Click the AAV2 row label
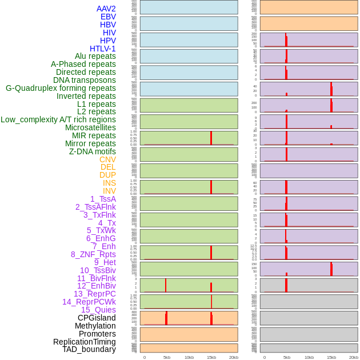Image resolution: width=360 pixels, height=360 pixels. click(106, 9)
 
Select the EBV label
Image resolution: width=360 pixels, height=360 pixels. click(107, 17)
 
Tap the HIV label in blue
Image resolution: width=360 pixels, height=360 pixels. click(109, 33)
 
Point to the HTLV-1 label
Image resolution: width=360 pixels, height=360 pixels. click(102, 49)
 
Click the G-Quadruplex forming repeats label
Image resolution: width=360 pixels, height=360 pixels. click(61, 88)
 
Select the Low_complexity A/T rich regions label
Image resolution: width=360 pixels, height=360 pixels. click(58, 119)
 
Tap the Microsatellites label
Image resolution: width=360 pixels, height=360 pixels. click(90, 127)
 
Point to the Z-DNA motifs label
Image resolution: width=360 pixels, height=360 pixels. click(92, 151)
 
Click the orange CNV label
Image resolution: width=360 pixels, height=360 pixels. click(107, 159)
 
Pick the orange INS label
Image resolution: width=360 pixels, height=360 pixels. click(109, 183)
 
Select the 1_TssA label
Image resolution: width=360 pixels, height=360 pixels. click(103, 199)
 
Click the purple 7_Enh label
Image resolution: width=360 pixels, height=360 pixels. click(103, 246)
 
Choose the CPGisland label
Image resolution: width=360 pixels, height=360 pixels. click(97, 318)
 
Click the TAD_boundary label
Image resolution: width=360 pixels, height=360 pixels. click(89, 349)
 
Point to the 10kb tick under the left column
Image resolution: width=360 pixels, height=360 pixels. click(189, 357)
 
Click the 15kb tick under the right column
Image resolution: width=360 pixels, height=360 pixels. click(331, 357)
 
